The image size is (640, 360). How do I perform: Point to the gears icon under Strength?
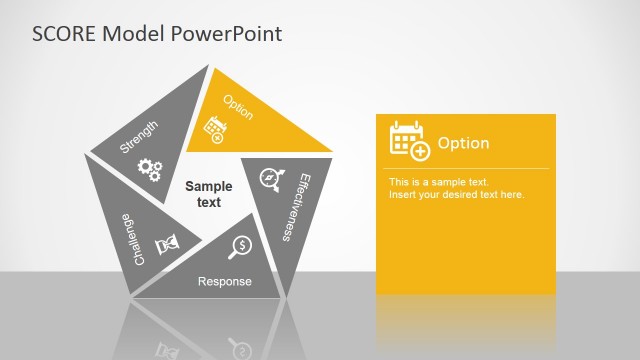click(150, 169)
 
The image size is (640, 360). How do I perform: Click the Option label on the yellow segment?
click(238, 108)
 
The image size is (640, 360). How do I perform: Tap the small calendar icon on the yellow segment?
click(214, 129)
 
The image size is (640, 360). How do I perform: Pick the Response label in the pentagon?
click(224, 282)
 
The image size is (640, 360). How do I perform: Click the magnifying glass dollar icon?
click(240, 246)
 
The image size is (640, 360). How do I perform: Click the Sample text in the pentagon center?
click(209, 194)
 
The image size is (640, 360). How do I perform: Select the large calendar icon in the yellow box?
click(408, 140)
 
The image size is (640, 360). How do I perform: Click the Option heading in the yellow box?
click(463, 143)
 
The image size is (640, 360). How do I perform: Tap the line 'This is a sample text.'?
click(438, 182)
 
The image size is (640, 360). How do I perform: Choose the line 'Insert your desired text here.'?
click(456, 194)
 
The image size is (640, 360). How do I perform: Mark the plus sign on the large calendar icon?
click(420, 151)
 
